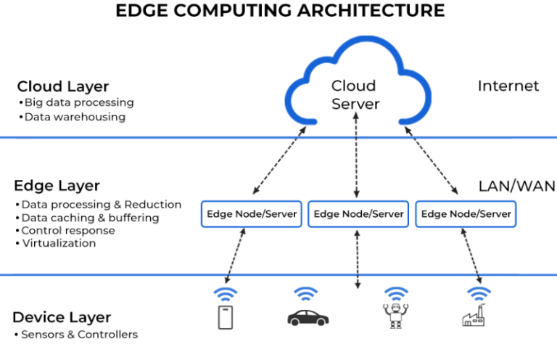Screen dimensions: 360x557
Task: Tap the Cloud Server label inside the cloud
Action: coord(355,95)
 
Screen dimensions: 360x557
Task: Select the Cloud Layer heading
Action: coord(62,87)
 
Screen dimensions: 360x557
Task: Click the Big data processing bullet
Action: coord(76,102)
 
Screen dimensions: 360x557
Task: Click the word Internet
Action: coord(508,86)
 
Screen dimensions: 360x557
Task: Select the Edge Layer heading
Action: coord(58,186)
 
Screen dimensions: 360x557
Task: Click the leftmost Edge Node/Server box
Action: coord(251,214)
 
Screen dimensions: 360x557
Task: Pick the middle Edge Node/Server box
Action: coord(358,214)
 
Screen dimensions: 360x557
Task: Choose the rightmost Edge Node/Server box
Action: coord(466,214)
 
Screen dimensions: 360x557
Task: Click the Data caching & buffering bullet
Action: coord(90,218)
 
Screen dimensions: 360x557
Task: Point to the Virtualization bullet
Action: coord(58,243)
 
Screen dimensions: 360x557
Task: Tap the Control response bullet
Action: coord(67,231)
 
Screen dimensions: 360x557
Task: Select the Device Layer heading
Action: coord(62,317)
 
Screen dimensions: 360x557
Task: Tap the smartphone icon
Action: coord(226,317)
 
